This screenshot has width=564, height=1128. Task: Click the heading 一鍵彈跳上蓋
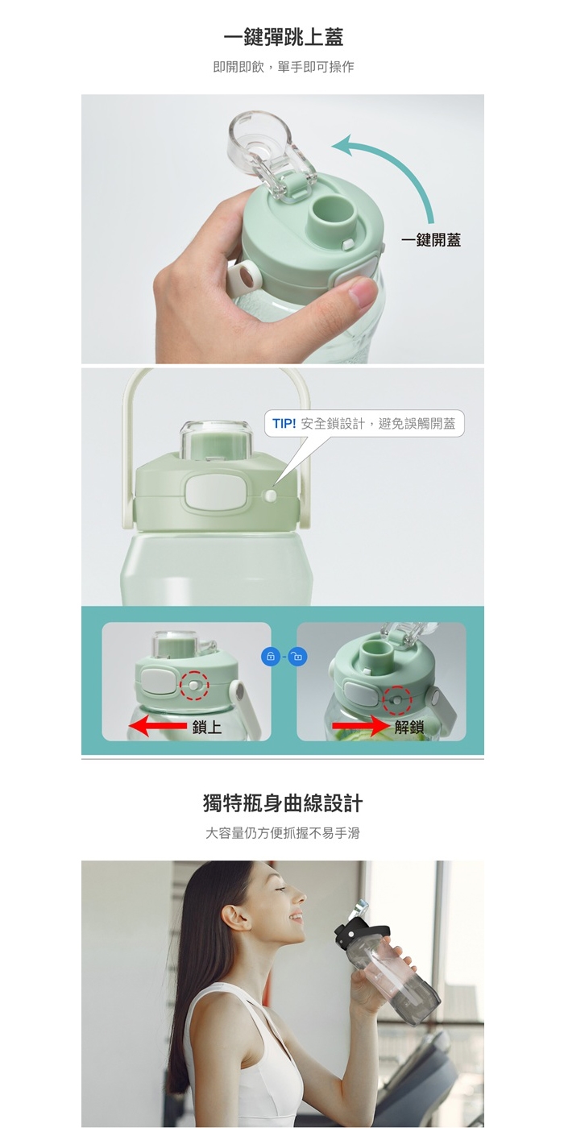pyautogui.click(x=283, y=38)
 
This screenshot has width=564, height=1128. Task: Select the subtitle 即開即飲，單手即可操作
pyautogui.click(x=284, y=67)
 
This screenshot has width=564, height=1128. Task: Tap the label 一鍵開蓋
pyautogui.click(x=431, y=240)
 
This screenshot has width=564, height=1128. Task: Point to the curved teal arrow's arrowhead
pyautogui.click(x=342, y=144)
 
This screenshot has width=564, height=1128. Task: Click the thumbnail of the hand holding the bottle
pyautogui.click(x=283, y=229)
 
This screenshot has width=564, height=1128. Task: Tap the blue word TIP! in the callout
pyautogui.click(x=284, y=424)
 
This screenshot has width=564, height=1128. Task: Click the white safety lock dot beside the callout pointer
pyautogui.click(x=271, y=496)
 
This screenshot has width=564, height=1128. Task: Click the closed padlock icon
pyautogui.click(x=271, y=657)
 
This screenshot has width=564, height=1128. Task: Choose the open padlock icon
pyautogui.click(x=297, y=657)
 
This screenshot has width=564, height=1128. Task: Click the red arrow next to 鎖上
pyautogui.click(x=158, y=726)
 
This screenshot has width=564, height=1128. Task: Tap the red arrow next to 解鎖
pyautogui.click(x=362, y=726)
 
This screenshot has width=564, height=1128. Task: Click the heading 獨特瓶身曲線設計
pyautogui.click(x=283, y=802)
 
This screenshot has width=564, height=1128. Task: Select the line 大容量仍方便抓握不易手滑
pyautogui.click(x=283, y=833)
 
